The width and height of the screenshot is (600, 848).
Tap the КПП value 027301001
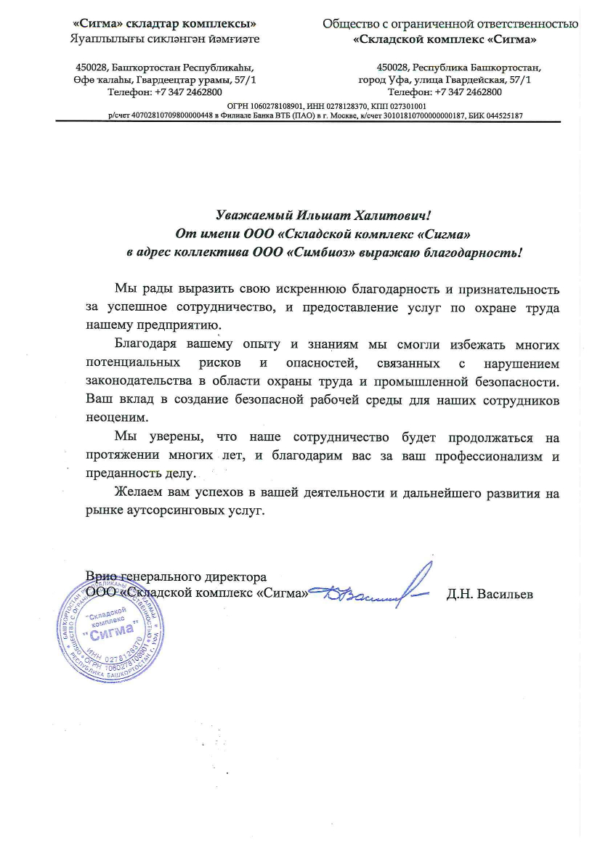[411, 107]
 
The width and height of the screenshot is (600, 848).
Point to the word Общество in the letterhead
[353, 23]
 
